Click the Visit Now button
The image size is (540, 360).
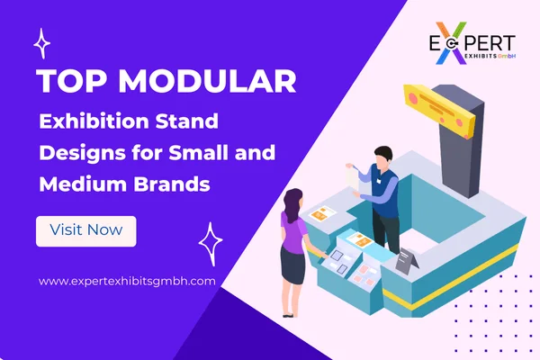[85, 230]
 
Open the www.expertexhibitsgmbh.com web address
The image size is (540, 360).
[127, 281]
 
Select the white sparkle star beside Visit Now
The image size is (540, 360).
[211, 241]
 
